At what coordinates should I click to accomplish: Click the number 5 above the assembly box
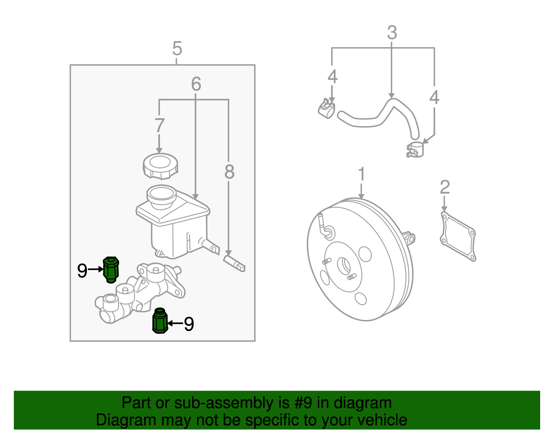click(x=177, y=49)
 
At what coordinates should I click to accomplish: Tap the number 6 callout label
click(x=196, y=84)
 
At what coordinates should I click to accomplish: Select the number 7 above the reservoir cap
click(x=159, y=125)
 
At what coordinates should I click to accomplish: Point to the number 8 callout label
click(x=229, y=172)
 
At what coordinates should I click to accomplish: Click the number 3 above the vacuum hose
click(x=392, y=33)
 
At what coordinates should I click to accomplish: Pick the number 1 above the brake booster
click(x=361, y=174)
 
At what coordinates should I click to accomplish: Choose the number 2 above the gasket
click(x=445, y=187)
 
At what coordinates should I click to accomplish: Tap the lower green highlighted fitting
click(x=160, y=321)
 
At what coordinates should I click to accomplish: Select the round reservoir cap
click(x=160, y=166)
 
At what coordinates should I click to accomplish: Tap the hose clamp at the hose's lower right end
click(x=415, y=150)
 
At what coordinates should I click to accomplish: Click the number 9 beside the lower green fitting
click(x=189, y=324)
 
